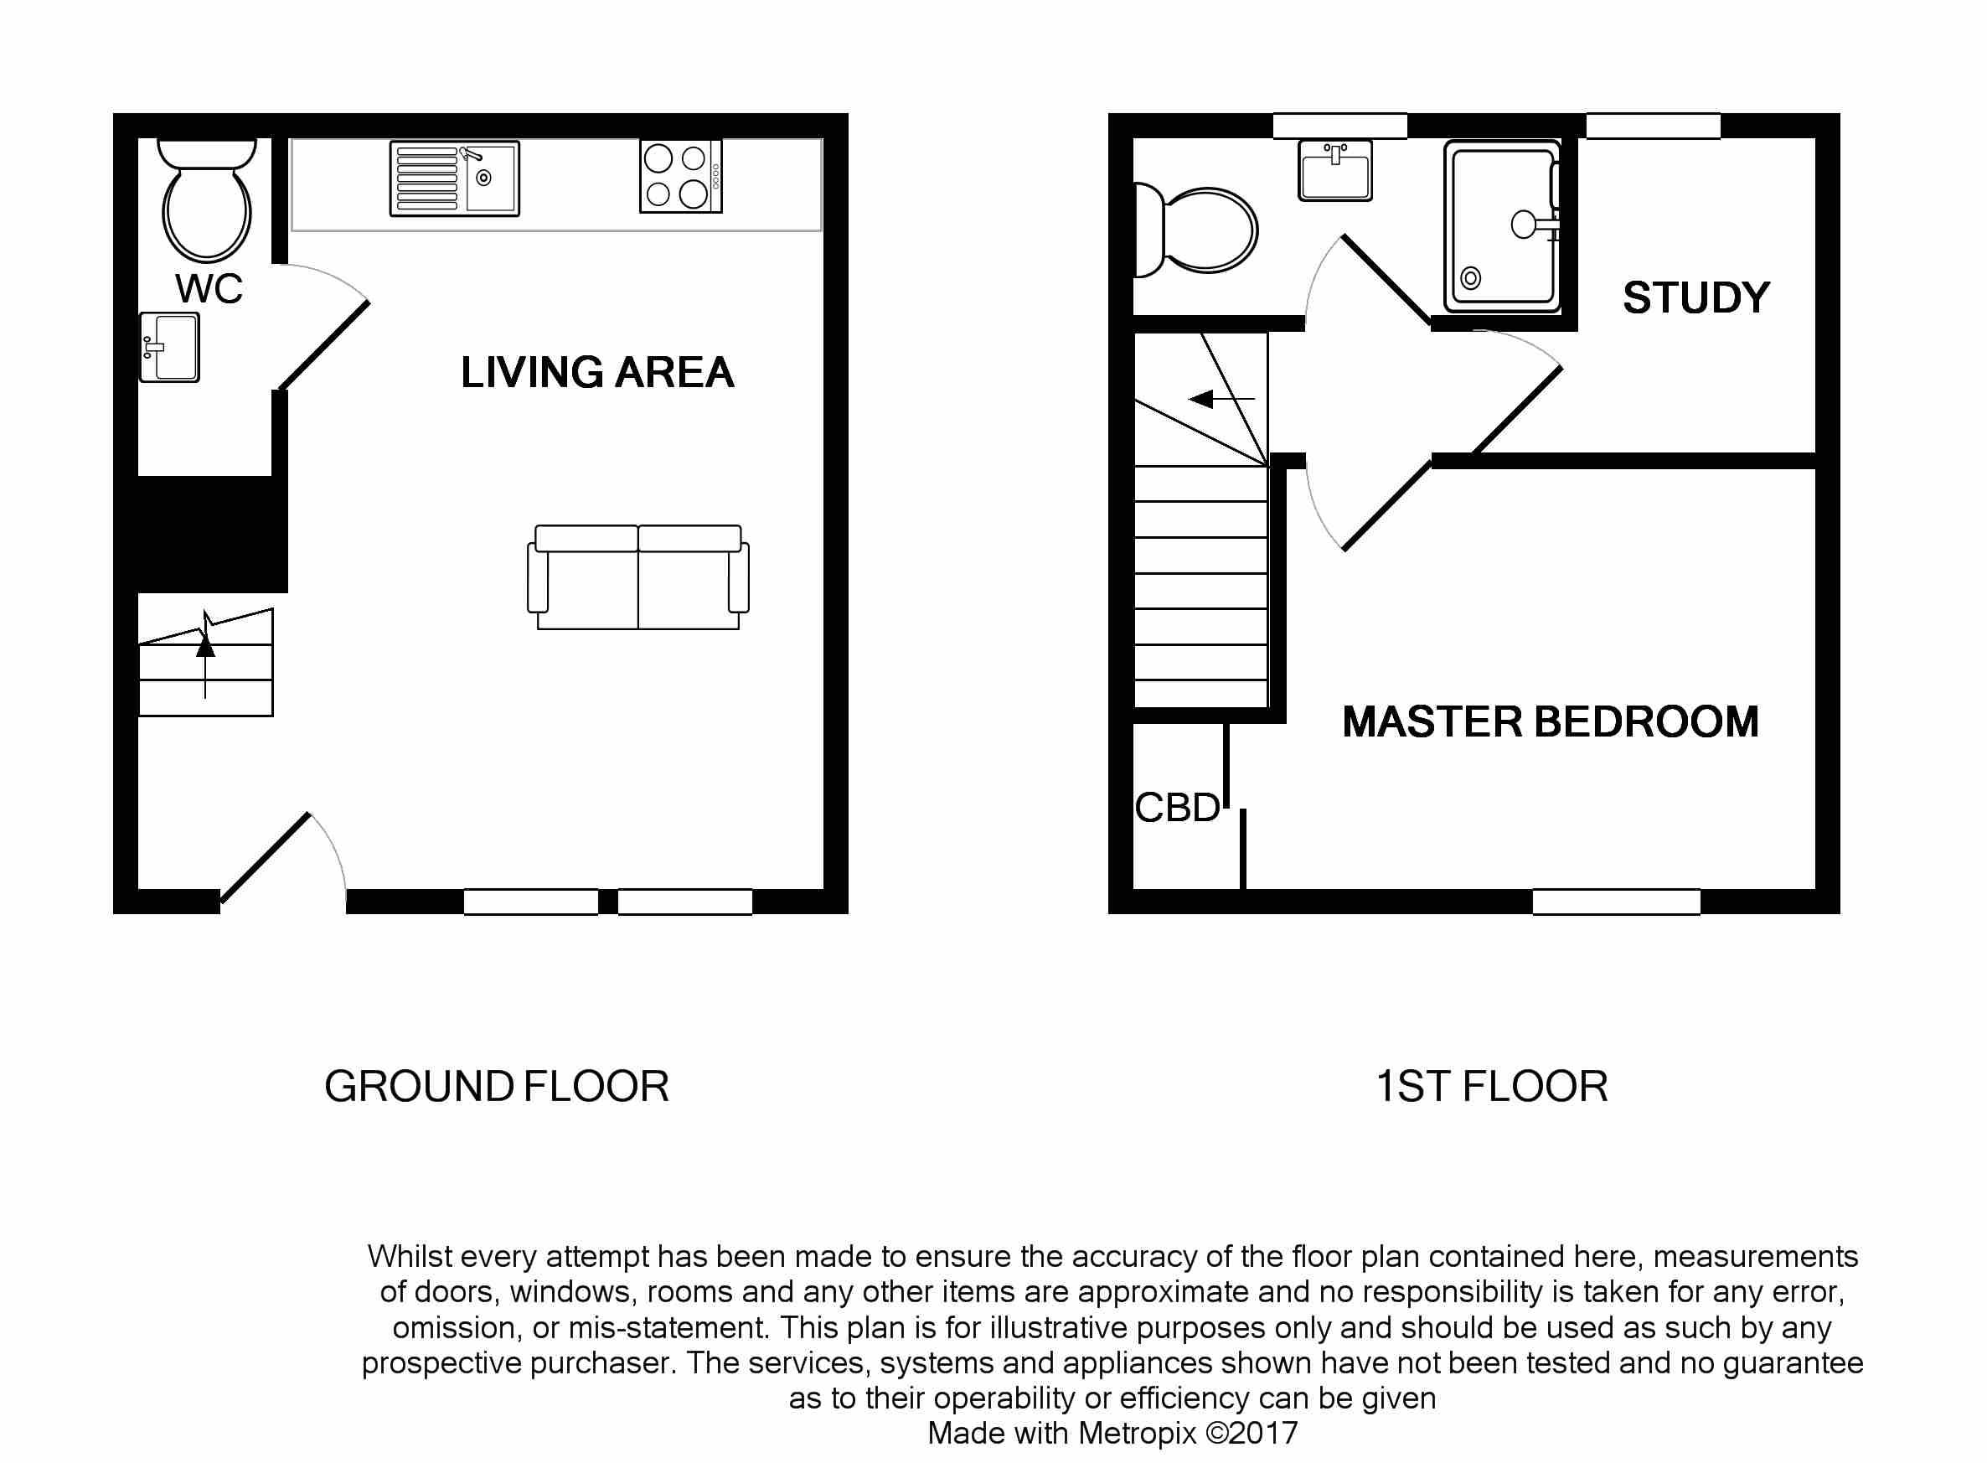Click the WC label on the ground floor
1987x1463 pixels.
coord(209,289)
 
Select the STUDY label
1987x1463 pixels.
coord(1695,297)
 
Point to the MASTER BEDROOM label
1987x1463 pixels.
coord(1550,721)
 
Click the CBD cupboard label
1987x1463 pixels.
coord(1177,808)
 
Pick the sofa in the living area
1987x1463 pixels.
coord(637,576)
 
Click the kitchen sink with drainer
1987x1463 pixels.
coord(454,178)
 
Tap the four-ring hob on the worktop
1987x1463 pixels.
coord(681,176)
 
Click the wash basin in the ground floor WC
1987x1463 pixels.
coord(169,347)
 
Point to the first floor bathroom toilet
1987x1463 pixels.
coord(1195,230)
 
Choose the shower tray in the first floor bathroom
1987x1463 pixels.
coord(1502,226)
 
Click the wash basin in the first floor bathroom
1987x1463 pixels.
coord(1335,170)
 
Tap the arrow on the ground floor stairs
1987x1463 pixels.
coord(205,654)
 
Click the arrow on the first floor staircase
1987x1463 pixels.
coord(1221,400)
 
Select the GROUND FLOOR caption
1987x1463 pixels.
coord(497,1087)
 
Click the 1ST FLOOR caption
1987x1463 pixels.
coord(1491,1087)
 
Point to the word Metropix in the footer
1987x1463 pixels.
coord(1137,1433)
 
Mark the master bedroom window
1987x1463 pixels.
coord(1616,902)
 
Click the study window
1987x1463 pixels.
coord(1653,126)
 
